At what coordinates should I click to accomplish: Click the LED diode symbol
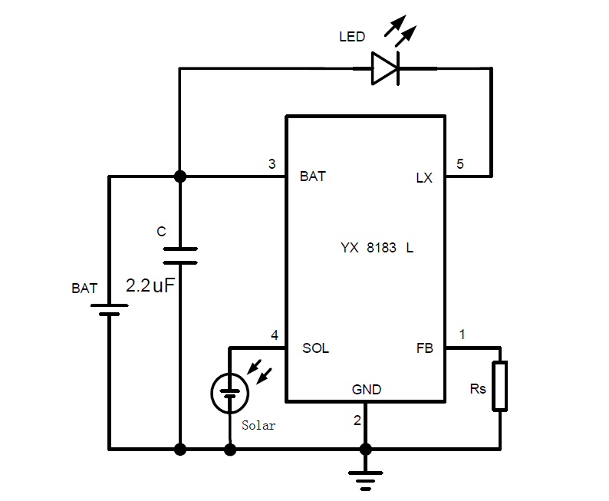point(385,68)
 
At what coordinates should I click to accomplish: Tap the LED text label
point(352,37)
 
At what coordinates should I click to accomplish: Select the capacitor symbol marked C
point(180,255)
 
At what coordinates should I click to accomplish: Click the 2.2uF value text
point(151,286)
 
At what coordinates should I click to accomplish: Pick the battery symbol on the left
point(109,309)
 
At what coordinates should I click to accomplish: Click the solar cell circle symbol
point(229,393)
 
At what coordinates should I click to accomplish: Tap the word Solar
point(258,425)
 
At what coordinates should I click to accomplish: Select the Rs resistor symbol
point(500,385)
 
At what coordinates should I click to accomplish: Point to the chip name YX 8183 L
point(377,249)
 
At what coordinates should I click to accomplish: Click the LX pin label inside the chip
point(424,178)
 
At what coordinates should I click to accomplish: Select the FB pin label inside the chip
point(424,348)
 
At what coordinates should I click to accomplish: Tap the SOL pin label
point(315,348)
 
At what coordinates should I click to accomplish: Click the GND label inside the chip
point(367,390)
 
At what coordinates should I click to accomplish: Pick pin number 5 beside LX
point(459,163)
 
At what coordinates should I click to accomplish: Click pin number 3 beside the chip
point(272,163)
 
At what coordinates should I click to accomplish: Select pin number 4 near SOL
point(275,335)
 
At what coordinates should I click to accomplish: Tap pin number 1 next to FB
point(462,334)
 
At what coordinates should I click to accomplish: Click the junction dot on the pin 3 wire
point(180,176)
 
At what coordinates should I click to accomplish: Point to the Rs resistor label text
point(478,389)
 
